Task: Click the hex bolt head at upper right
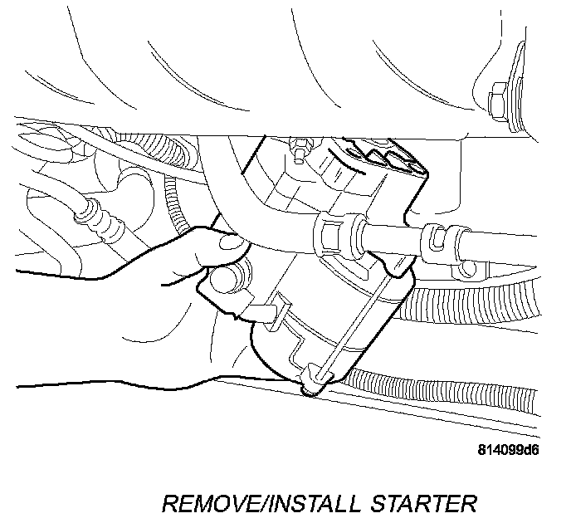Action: [x=498, y=103]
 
